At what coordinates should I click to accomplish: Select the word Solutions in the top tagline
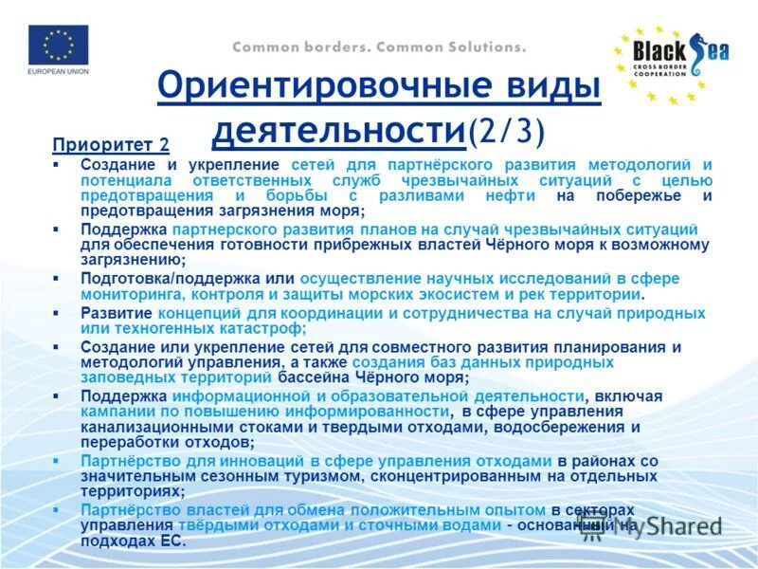[479, 46]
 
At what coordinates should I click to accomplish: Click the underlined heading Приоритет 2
[111, 145]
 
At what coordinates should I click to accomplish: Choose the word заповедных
[126, 376]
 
